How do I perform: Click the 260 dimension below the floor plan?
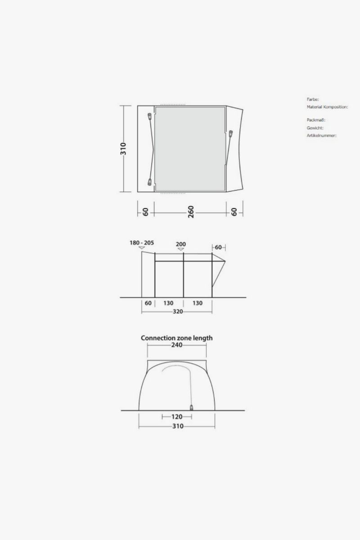click(191, 212)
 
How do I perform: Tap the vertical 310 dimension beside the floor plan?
click(123, 149)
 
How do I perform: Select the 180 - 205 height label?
click(142, 243)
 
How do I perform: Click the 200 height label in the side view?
click(181, 244)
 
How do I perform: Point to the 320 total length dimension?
click(178, 311)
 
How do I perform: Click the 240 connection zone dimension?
click(177, 345)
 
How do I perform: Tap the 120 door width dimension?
click(177, 417)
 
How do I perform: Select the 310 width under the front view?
click(178, 426)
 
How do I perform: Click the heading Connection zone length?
click(177, 338)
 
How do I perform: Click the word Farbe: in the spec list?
click(313, 99)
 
